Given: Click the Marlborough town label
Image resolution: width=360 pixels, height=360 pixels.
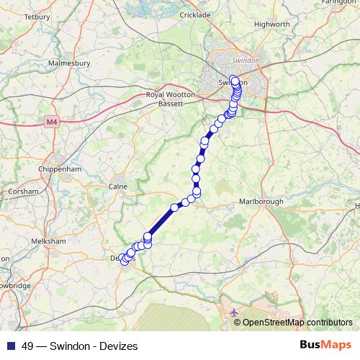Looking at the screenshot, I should (x=261, y=202).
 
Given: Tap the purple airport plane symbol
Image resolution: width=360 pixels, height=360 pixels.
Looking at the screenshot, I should (x=233, y=313).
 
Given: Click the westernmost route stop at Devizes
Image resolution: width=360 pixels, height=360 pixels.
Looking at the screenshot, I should (x=123, y=261).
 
